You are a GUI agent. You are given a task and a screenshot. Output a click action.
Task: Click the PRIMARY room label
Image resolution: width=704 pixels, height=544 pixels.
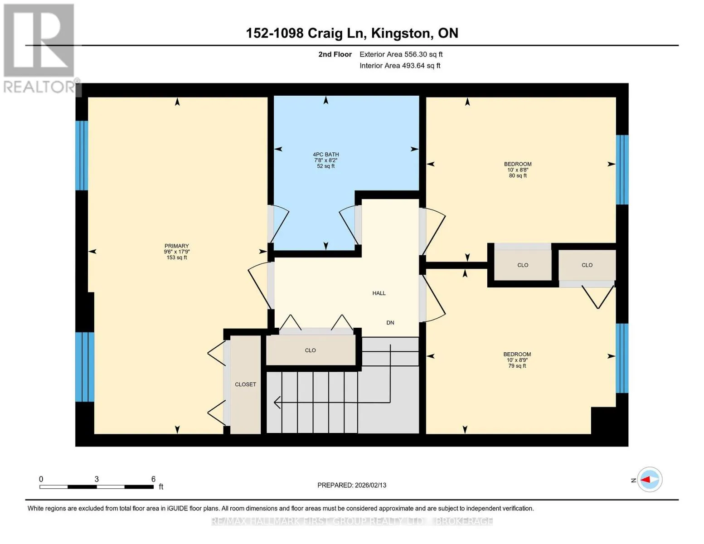pyautogui.click(x=177, y=246)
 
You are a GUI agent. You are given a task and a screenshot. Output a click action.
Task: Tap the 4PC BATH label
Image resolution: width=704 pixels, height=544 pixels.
pyautogui.click(x=326, y=155)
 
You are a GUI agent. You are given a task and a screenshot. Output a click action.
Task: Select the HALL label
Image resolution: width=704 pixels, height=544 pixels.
pyautogui.click(x=379, y=293)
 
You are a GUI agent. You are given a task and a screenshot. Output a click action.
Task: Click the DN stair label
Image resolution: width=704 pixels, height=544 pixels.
pyautogui.click(x=390, y=323)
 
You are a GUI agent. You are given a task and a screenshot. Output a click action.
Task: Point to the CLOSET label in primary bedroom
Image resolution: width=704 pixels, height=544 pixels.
pyautogui.click(x=245, y=384)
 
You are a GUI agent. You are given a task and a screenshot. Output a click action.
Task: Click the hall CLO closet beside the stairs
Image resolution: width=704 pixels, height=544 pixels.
pyautogui.click(x=310, y=350)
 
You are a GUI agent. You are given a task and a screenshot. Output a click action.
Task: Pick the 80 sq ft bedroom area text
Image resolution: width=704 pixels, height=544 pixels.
pyautogui.click(x=518, y=175)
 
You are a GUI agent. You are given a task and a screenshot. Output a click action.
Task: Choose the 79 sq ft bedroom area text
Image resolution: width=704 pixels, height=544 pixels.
pyautogui.click(x=517, y=366)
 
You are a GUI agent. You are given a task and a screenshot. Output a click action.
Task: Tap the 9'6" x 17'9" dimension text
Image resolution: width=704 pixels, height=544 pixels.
pyautogui.click(x=177, y=252)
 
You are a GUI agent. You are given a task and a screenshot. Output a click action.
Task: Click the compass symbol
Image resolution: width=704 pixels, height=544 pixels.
pyautogui.click(x=650, y=480)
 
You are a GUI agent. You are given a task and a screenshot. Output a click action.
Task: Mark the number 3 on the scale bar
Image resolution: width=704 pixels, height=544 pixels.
pyautogui.click(x=97, y=479)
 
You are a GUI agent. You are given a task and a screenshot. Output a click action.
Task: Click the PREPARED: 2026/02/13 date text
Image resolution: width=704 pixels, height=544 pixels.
pyautogui.click(x=352, y=485)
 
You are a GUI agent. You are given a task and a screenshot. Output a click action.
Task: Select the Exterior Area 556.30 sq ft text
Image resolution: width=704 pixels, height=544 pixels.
pyautogui.click(x=401, y=54)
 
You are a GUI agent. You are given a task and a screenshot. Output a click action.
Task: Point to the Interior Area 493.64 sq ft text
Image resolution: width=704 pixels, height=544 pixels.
pyautogui.click(x=400, y=66)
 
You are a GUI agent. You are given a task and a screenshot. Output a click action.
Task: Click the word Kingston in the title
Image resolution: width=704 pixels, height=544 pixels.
pyautogui.click(x=402, y=34)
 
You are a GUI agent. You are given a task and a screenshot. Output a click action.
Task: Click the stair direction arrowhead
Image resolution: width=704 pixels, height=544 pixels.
pyautogui.click(x=277, y=403)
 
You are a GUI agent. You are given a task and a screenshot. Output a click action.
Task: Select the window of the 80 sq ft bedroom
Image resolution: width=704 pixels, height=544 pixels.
pyautogui.click(x=622, y=170)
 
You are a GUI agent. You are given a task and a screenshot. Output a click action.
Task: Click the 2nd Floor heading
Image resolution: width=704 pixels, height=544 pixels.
pyautogui.click(x=335, y=54)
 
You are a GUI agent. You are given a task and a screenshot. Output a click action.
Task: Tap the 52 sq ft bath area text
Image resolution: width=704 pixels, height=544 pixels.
pyautogui.click(x=325, y=166)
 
